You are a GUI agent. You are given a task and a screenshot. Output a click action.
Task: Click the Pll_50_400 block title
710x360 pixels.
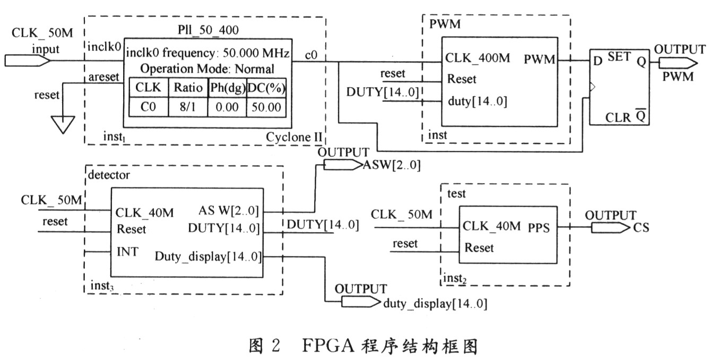(x=205, y=30)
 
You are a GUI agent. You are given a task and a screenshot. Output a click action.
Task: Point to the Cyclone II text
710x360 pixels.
(x=293, y=137)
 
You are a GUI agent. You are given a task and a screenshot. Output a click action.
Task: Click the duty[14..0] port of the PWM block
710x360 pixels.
(x=478, y=101)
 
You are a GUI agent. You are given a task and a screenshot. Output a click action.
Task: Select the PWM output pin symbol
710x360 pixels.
(x=677, y=63)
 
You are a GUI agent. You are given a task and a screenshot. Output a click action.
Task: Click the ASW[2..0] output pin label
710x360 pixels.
(x=392, y=166)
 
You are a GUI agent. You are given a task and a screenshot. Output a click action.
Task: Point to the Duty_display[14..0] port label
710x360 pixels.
(x=208, y=256)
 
